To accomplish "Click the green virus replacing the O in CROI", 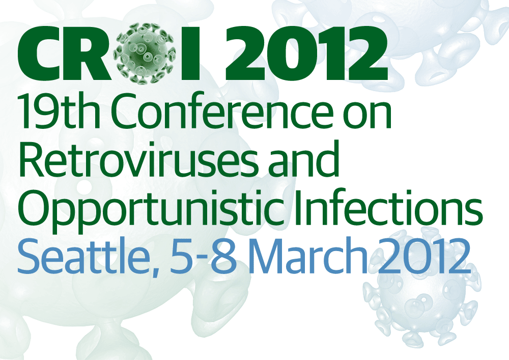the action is (146, 54).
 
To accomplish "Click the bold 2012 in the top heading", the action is (306, 54).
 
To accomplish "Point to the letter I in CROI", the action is (190, 54).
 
